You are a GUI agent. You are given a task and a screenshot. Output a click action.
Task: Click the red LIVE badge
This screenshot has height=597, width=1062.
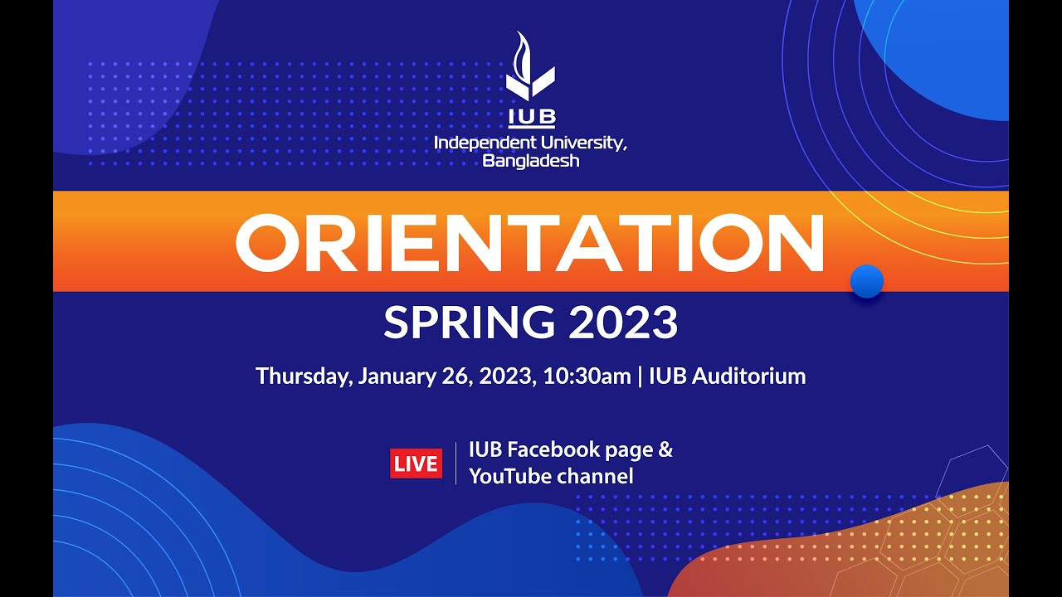pyautogui.click(x=416, y=464)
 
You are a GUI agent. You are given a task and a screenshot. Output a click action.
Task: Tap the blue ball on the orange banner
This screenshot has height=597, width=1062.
pyautogui.click(x=867, y=281)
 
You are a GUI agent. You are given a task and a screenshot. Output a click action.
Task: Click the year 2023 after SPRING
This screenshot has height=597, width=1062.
pyautogui.click(x=623, y=323)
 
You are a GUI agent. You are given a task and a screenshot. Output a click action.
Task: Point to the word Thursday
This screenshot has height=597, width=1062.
pyautogui.click(x=304, y=376)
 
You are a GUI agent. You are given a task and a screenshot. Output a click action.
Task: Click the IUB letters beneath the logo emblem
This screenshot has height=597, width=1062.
pyautogui.click(x=531, y=116)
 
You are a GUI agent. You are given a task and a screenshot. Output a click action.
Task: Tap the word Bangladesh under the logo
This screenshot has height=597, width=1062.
pyautogui.click(x=531, y=160)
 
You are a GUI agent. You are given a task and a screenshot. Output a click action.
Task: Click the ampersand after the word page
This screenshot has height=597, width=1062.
pyautogui.click(x=665, y=450)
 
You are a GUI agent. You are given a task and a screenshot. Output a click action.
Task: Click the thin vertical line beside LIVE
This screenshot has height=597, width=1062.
pyautogui.click(x=455, y=464)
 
